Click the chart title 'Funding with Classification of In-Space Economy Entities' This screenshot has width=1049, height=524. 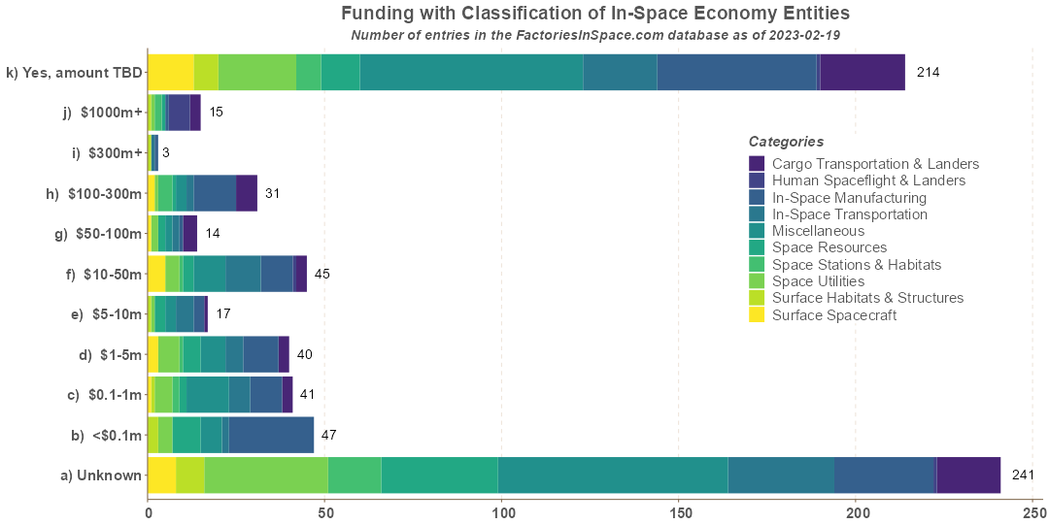(595, 14)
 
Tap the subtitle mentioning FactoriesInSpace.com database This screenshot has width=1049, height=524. (595, 35)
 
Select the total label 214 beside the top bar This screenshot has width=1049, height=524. (928, 72)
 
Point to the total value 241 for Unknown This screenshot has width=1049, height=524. (1023, 475)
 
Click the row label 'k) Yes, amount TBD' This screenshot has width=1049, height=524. (74, 72)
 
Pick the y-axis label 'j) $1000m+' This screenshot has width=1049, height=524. (102, 113)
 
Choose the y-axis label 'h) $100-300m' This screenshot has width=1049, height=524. (94, 193)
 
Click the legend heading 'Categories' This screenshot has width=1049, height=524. (786, 142)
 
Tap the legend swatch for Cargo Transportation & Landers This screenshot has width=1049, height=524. (758, 164)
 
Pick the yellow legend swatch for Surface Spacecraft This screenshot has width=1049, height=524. (758, 314)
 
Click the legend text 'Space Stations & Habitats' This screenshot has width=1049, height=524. (857, 264)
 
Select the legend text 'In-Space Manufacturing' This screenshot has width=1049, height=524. (849, 197)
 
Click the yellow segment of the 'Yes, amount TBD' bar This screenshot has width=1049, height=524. (171, 72)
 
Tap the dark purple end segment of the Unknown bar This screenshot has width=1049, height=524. (968, 475)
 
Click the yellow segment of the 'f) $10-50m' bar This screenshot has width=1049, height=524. (156, 274)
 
